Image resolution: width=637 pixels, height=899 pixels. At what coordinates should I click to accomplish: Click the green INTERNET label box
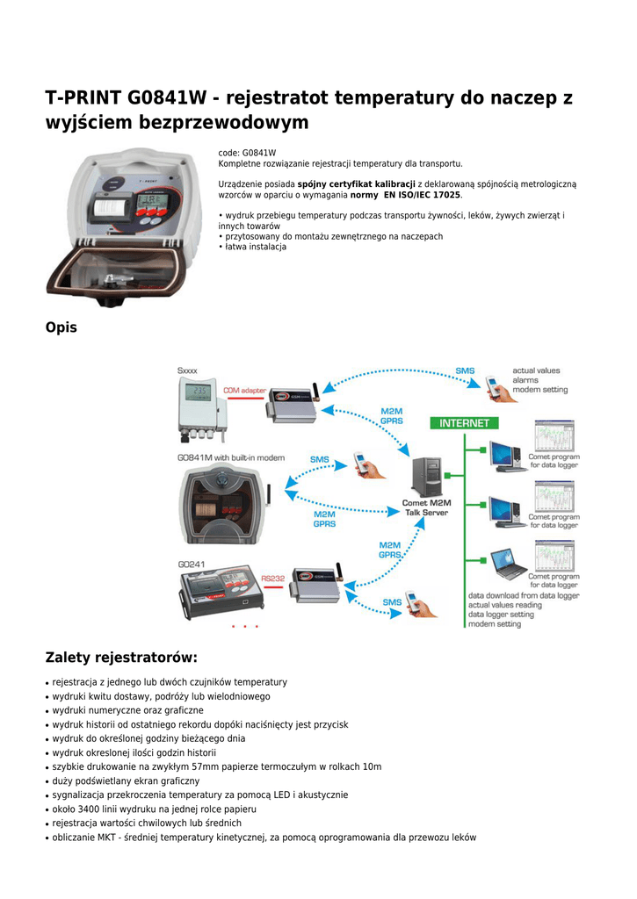(x=464, y=423)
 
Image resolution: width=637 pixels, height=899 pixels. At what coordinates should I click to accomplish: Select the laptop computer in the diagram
(x=507, y=565)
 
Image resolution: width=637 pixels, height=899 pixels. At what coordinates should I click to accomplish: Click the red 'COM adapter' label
(x=243, y=391)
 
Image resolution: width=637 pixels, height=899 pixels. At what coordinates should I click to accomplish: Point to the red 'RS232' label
(x=272, y=578)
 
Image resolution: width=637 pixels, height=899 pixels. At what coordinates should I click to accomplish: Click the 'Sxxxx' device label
(x=188, y=370)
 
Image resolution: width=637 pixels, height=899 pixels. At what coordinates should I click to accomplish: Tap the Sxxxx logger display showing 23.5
(x=199, y=391)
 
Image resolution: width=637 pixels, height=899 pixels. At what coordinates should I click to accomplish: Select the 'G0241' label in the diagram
(x=192, y=565)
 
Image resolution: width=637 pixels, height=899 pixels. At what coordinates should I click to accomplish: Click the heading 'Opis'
(x=61, y=327)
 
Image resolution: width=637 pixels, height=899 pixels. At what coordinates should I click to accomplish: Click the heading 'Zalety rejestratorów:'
(x=121, y=658)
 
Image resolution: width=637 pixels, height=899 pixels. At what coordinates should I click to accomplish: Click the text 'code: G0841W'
(x=247, y=153)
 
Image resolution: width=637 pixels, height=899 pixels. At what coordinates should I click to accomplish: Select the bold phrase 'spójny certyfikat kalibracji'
(x=356, y=184)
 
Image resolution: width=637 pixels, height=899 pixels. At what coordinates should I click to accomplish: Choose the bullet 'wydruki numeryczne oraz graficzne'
(x=127, y=710)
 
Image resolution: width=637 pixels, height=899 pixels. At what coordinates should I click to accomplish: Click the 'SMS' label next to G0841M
(x=320, y=459)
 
